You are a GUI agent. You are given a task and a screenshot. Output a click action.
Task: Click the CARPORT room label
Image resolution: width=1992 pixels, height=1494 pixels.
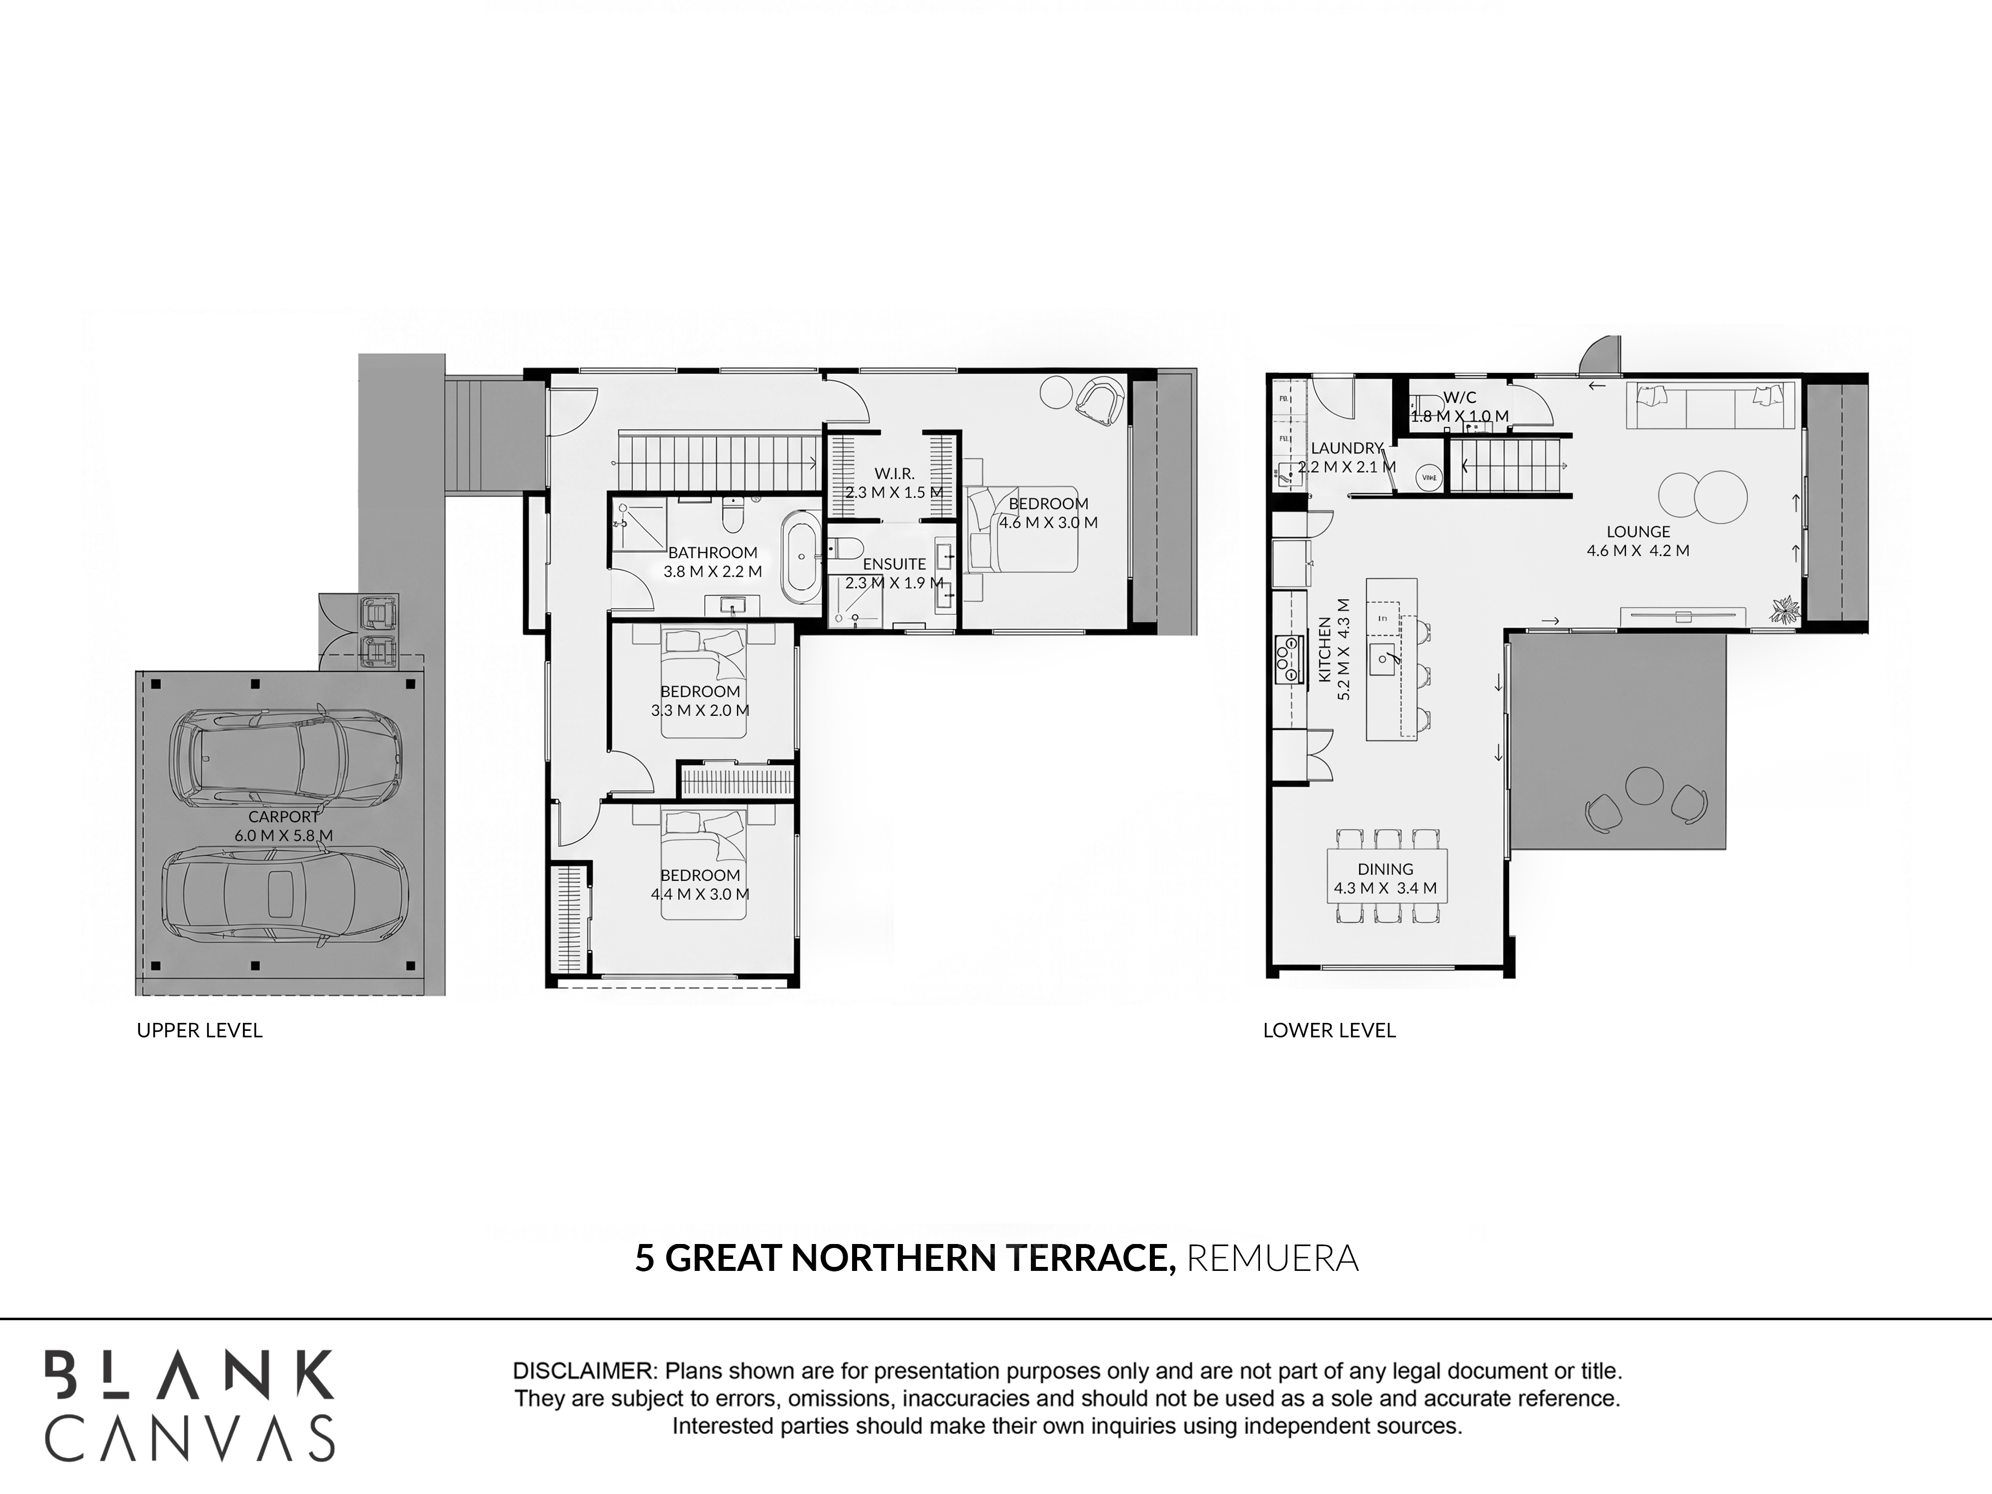(284, 817)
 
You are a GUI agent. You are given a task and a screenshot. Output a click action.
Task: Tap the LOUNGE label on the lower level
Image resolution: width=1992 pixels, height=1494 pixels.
(1638, 532)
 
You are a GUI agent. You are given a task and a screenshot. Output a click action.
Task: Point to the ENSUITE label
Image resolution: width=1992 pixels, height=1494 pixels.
(894, 564)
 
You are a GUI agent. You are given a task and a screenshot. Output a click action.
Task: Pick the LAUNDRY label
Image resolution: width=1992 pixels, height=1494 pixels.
(1346, 448)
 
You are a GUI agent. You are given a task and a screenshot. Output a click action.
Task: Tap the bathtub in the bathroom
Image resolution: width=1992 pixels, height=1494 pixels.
(801, 558)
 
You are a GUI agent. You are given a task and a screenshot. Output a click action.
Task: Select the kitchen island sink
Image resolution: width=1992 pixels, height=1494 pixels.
(1384, 659)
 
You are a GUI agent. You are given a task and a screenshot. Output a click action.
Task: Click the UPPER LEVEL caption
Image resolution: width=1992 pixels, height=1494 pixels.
(200, 1030)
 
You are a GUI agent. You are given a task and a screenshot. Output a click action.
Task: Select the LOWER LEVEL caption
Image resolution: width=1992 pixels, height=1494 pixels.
(1329, 1030)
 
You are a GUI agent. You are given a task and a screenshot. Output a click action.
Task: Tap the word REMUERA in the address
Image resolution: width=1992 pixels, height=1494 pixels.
(1272, 1258)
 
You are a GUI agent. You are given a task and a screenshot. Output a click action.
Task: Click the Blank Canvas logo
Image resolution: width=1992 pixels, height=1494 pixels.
(190, 1406)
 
